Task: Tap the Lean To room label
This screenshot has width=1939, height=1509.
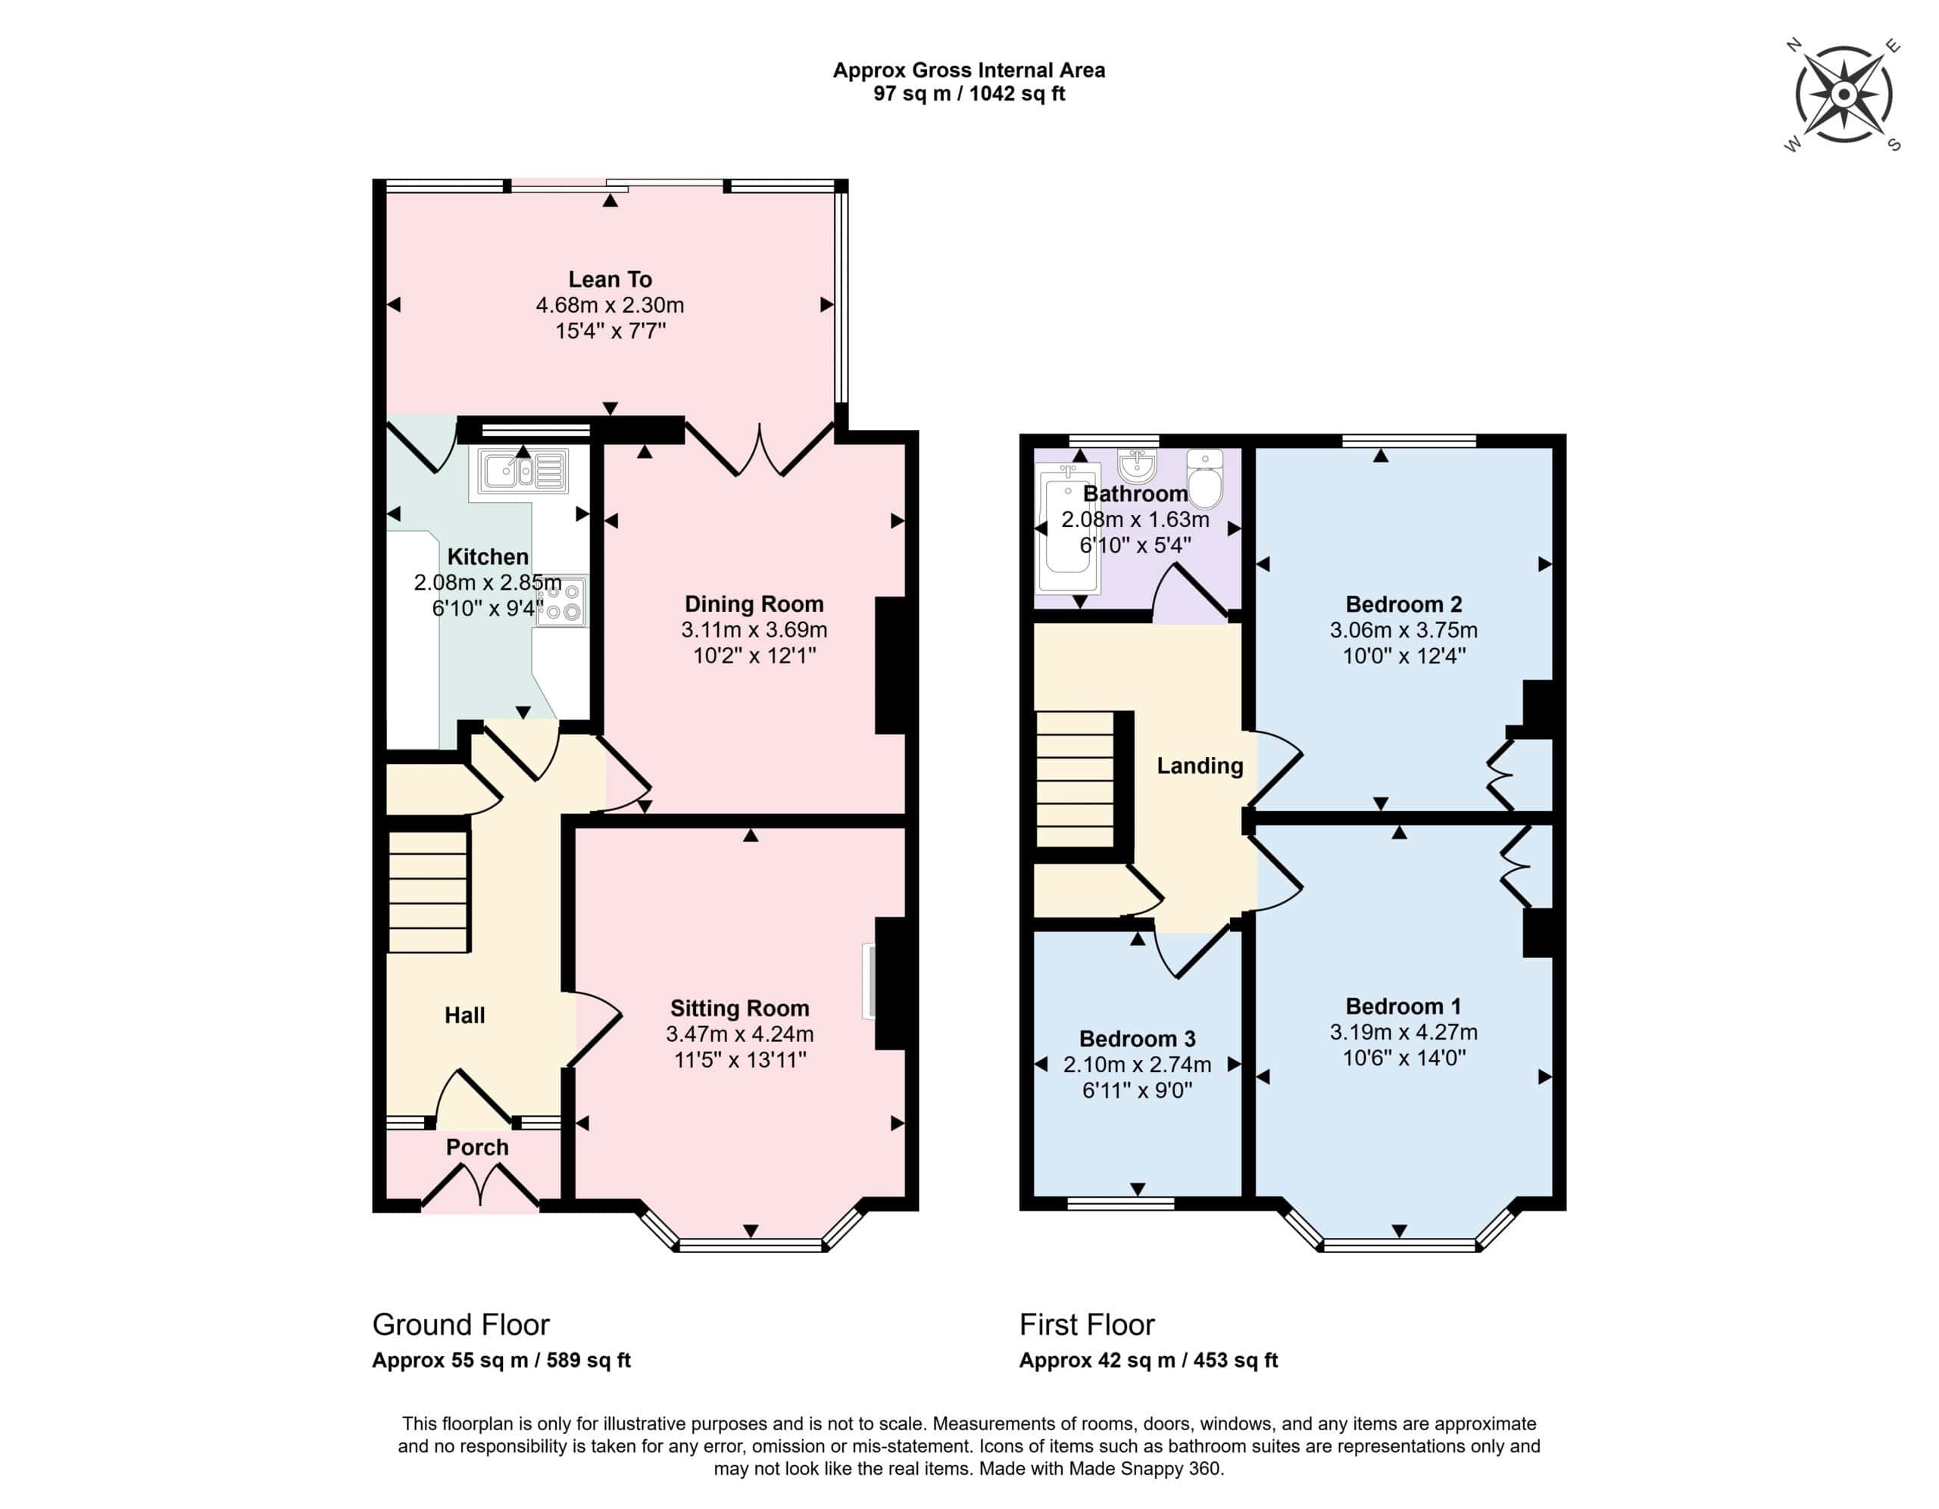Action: pyautogui.click(x=610, y=279)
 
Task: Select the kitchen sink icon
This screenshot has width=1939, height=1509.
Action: pyautogui.click(x=522, y=469)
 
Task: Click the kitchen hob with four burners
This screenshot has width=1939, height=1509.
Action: pyautogui.click(x=560, y=601)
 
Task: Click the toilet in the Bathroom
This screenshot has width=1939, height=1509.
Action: pyautogui.click(x=1205, y=479)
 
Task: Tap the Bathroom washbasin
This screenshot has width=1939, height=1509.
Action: pyautogui.click(x=1138, y=463)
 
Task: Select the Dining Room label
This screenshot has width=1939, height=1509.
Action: pyautogui.click(x=754, y=604)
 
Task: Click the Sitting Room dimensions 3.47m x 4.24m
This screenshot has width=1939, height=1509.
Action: pyautogui.click(x=739, y=1034)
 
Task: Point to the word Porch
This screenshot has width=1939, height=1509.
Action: pyautogui.click(x=476, y=1148)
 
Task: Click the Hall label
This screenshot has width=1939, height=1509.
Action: pyautogui.click(x=464, y=1015)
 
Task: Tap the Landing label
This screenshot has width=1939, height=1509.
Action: pyautogui.click(x=1200, y=766)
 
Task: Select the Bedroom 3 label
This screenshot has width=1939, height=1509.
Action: pyautogui.click(x=1138, y=1039)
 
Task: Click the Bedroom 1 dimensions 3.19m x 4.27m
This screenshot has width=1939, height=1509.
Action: pyautogui.click(x=1404, y=1032)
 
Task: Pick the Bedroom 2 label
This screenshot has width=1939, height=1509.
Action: pyautogui.click(x=1404, y=604)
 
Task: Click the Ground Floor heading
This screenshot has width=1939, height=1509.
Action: pyautogui.click(x=461, y=1324)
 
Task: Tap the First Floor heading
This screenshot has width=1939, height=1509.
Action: pyautogui.click(x=1087, y=1324)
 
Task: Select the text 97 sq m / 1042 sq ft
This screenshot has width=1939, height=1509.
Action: pyautogui.click(x=969, y=94)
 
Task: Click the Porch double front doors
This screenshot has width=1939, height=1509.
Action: pyautogui.click(x=480, y=1185)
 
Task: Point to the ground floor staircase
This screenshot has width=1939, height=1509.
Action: pyautogui.click(x=429, y=891)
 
